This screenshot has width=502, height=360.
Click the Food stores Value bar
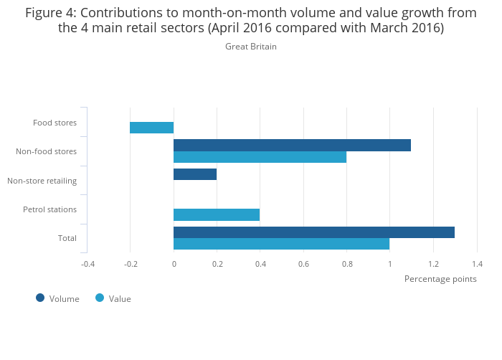click(x=151, y=128)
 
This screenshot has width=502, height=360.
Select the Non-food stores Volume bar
click(x=292, y=145)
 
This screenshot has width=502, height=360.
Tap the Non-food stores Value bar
click(x=260, y=157)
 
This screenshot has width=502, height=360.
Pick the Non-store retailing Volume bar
click(x=195, y=174)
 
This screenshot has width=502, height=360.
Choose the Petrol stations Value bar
click(x=217, y=214)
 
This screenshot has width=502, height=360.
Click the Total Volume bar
click(x=314, y=232)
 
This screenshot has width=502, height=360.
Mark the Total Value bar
click(x=281, y=244)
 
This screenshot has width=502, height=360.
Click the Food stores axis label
click(x=55, y=123)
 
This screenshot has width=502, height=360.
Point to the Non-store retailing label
click(x=42, y=181)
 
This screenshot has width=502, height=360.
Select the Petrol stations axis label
click(x=49, y=209)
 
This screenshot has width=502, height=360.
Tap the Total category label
click(x=67, y=238)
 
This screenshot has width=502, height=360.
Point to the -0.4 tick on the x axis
click(x=87, y=264)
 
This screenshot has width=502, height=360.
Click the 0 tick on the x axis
click(x=174, y=264)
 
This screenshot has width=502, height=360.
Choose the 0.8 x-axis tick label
click(x=346, y=264)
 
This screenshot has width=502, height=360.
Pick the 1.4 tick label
click(x=476, y=264)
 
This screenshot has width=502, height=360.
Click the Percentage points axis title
click(x=440, y=279)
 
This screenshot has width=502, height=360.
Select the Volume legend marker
click(x=40, y=298)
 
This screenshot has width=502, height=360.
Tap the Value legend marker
click(x=100, y=298)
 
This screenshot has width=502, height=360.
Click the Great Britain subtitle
click(x=250, y=47)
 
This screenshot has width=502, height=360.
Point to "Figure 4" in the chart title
click(x=50, y=13)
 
